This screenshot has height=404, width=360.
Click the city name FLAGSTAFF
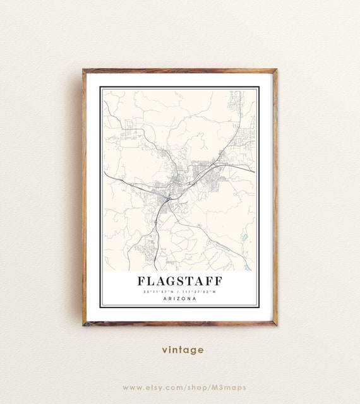[x=179, y=280]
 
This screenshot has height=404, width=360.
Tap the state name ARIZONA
[x=179, y=299]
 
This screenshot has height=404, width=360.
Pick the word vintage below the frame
[x=182, y=349]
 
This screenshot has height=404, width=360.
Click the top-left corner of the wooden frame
[x=83, y=70]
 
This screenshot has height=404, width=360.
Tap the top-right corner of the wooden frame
[x=276, y=70]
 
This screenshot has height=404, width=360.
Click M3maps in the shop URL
[x=229, y=387]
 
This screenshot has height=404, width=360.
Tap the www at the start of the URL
[x=133, y=387]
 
